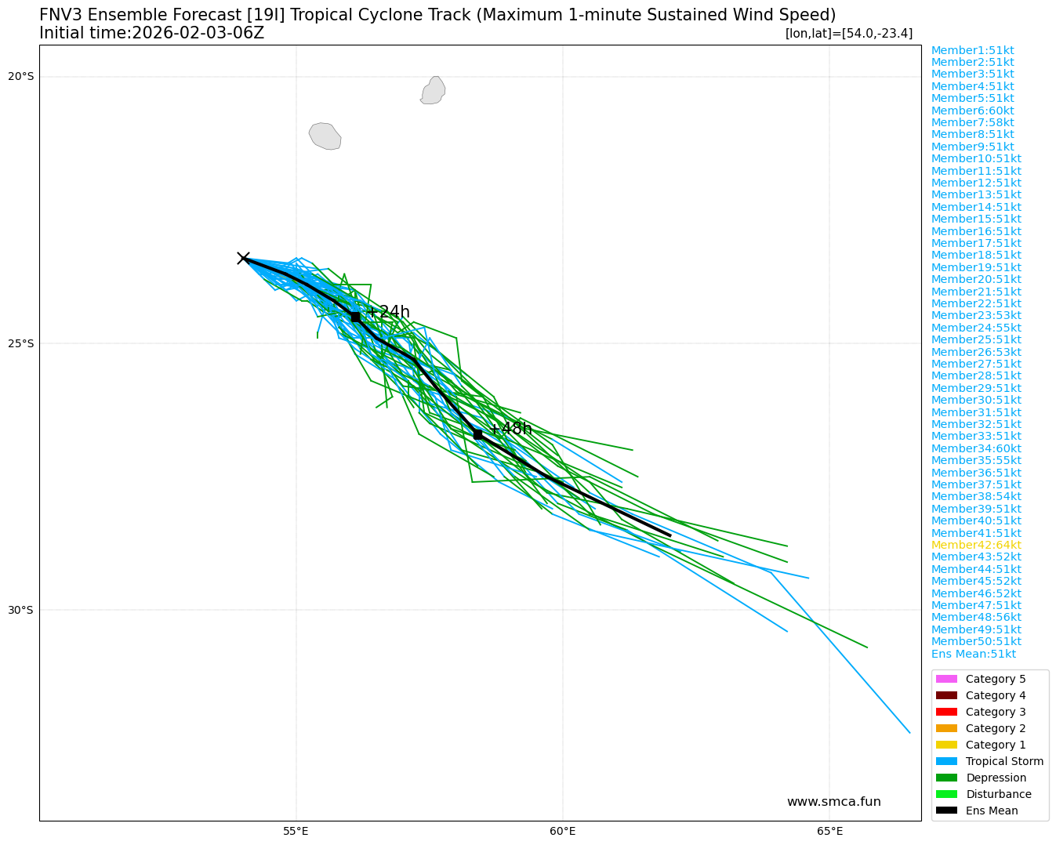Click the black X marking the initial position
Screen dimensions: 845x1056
[243, 258]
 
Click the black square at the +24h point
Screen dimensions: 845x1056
[355, 317]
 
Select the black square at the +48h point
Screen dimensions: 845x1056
[477, 434]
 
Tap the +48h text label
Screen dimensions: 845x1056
[511, 429]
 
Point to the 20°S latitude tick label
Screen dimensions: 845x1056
[21, 76]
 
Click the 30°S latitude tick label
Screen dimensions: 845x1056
[21, 610]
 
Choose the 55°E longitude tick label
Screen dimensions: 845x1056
[296, 832]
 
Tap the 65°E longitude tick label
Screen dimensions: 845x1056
[829, 832]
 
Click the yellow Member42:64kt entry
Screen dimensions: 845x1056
[976, 545]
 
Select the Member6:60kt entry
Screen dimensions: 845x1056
[972, 111]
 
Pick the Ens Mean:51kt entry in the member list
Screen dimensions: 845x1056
[973, 654]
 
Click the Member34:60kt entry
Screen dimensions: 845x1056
[976, 448]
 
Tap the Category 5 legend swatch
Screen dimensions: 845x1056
[946, 679]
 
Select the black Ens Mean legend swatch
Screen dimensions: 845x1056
[946, 811]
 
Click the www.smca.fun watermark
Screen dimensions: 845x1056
[833, 802]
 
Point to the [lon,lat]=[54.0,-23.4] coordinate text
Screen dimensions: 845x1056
[848, 33]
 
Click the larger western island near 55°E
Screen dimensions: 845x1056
[325, 136]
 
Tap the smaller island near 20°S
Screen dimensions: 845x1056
[433, 90]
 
